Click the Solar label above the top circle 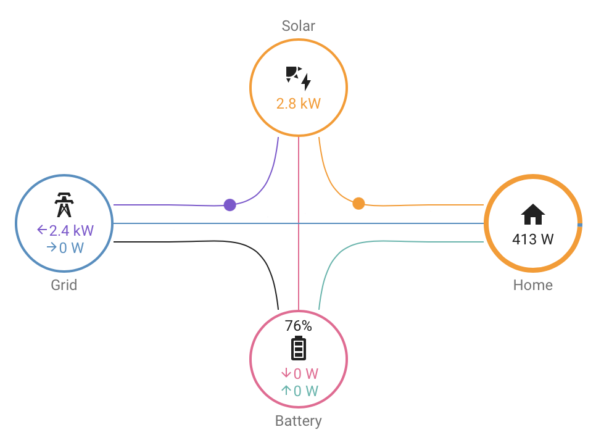tap(299, 26)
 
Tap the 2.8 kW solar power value tap(299, 104)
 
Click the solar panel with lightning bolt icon tap(299, 78)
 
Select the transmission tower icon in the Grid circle tap(64, 205)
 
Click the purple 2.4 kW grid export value tap(65, 230)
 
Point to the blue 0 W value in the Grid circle tap(65, 247)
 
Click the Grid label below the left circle tap(64, 285)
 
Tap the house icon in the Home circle tap(533, 214)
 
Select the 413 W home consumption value tap(533, 239)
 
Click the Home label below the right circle tap(533, 285)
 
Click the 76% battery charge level tap(299, 326)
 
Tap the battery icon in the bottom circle tap(299, 347)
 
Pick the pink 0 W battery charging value tap(299, 373)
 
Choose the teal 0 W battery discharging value tap(299, 391)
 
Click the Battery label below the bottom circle tap(299, 421)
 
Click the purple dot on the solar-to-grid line tap(230, 205)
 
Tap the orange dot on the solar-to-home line tap(358, 204)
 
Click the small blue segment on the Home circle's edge tap(580, 225)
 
